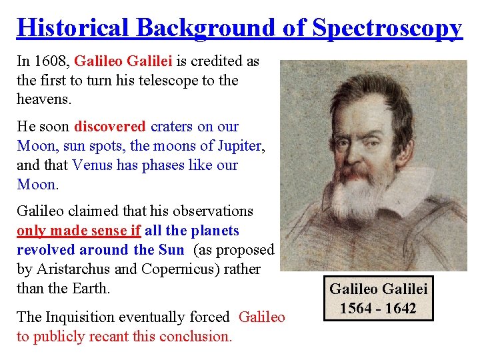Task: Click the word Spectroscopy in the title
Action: pos(387,27)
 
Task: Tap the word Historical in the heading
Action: pos(74,27)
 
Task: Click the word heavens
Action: pos(43,99)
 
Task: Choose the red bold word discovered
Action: pos(110,127)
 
